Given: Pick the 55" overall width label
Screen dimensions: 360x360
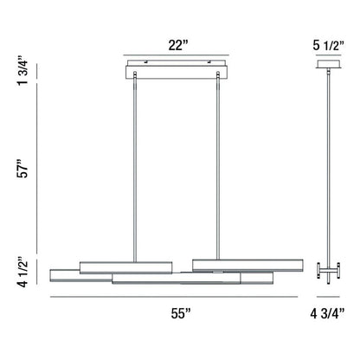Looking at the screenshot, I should (x=179, y=314).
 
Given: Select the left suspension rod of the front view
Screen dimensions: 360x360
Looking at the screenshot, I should (x=134, y=164).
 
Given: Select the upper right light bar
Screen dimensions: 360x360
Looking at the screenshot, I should (x=247, y=263).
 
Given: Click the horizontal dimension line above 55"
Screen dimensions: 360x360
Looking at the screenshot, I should (x=179, y=298).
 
